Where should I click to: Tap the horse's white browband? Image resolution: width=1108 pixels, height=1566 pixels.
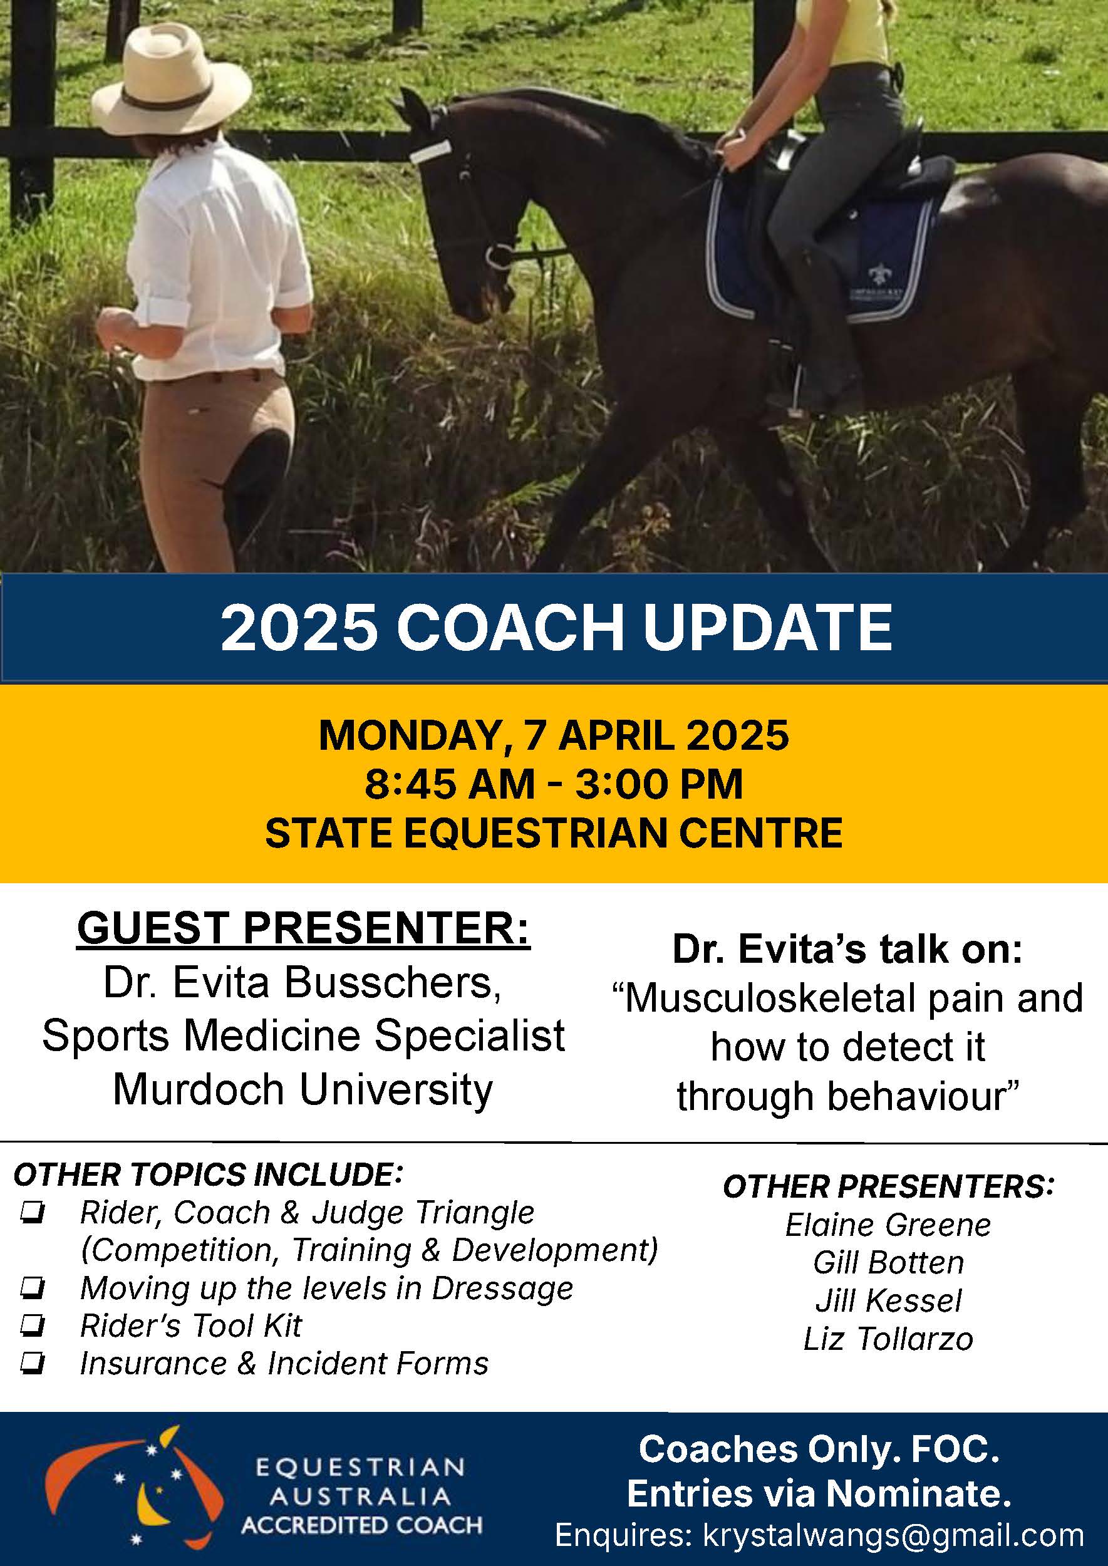click(x=430, y=152)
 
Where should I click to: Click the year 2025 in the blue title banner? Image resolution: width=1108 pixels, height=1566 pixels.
click(x=299, y=627)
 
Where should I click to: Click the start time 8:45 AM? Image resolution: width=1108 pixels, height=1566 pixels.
click(x=450, y=784)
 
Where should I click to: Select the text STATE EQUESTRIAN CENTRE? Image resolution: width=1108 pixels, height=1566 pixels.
click(x=554, y=833)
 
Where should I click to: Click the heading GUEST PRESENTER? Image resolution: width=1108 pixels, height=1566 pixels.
click(x=304, y=928)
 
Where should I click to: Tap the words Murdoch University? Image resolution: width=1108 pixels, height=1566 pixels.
click(x=303, y=1089)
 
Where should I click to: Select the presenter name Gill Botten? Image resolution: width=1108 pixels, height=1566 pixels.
click(x=888, y=1263)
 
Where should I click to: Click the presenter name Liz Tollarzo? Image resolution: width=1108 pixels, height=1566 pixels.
click(x=888, y=1339)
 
